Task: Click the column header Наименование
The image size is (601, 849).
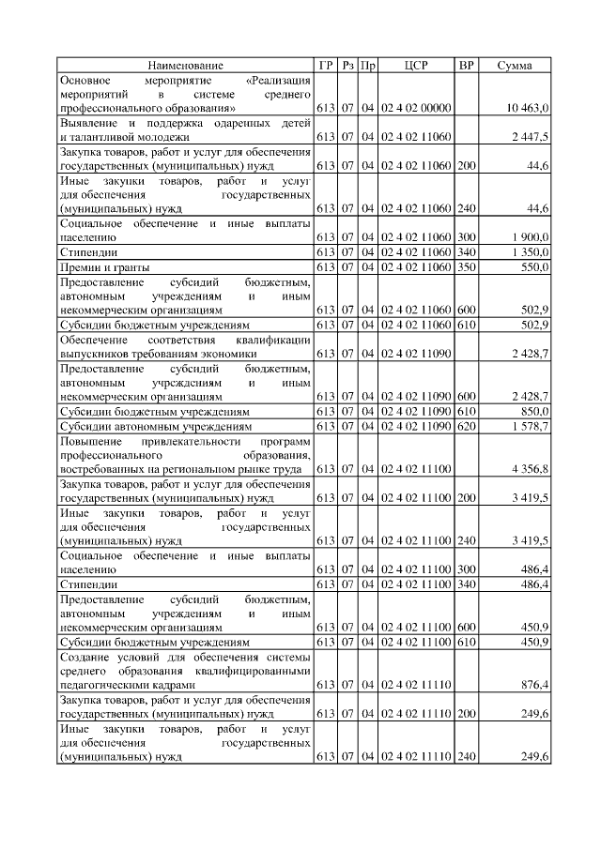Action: point(185,66)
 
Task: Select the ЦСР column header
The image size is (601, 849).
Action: point(416,66)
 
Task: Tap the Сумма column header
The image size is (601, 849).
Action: point(515,66)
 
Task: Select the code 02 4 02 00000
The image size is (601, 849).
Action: point(416,110)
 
